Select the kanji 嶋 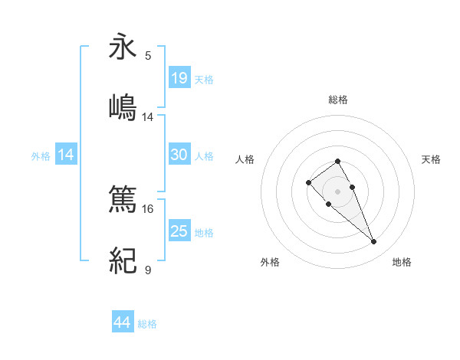(123, 107)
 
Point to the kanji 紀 (123, 262)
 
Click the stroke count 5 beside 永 (148, 56)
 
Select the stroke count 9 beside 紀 (148, 270)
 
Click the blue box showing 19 (179, 78)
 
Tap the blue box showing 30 (179, 155)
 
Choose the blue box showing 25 (179, 231)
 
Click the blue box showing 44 (123, 322)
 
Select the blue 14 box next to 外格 (67, 155)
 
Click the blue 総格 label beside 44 (147, 324)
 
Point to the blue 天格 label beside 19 (204, 80)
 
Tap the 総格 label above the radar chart (338, 100)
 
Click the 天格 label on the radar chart (431, 159)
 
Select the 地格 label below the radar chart (402, 262)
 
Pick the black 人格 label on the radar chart (245, 159)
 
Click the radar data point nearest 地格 (373, 242)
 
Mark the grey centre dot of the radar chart (338, 191)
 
